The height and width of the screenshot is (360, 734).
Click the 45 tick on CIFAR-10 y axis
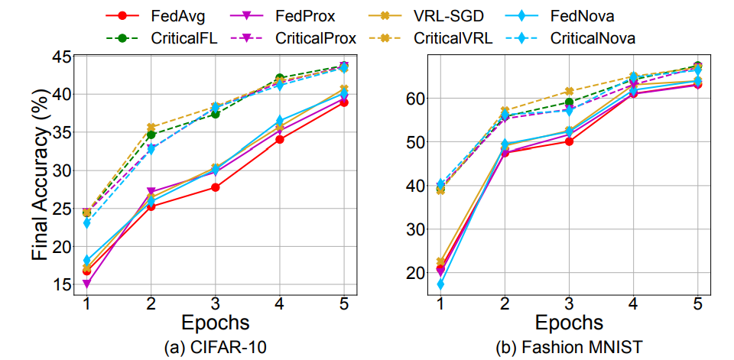[63, 57]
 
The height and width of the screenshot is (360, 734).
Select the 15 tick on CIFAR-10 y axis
[63, 284]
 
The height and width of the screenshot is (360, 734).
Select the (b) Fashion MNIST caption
[569, 349]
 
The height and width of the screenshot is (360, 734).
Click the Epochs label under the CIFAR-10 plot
[216, 321]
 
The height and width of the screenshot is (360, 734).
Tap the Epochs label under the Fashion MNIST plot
[569, 321]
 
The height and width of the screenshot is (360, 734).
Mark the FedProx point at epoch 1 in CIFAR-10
[86, 284]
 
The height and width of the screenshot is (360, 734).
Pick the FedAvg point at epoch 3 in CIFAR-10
[216, 187]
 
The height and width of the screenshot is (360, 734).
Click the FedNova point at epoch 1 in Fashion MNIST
[440, 284]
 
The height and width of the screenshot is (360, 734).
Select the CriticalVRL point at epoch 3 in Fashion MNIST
[569, 92]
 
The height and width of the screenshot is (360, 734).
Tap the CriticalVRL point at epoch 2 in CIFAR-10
[151, 128]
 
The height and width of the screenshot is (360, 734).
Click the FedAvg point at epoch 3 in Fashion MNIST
[569, 141]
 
